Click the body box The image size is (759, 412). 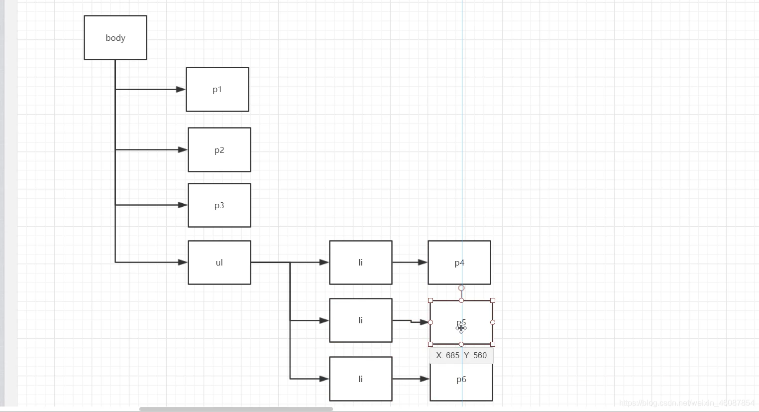pos(115,38)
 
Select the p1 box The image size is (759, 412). pos(217,90)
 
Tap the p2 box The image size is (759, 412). pos(219,150)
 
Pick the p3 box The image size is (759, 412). pos(219,205)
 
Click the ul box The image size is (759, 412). pos(219,263)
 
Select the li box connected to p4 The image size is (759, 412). pos(361,263)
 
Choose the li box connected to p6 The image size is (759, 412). pos(361,379)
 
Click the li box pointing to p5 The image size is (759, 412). pos(361,320)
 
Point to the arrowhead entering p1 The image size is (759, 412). pos(181,90)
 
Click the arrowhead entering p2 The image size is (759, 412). pos(183,149)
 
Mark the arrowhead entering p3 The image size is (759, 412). pos(183,205)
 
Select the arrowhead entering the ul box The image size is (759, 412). pos(183,262)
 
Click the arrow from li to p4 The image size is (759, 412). pos(409,262)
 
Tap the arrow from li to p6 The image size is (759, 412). pos(410,379)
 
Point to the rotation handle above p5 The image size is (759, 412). pos(461,288)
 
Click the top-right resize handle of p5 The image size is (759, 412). pos(493,300)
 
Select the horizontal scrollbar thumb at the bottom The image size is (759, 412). pos(236,409)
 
